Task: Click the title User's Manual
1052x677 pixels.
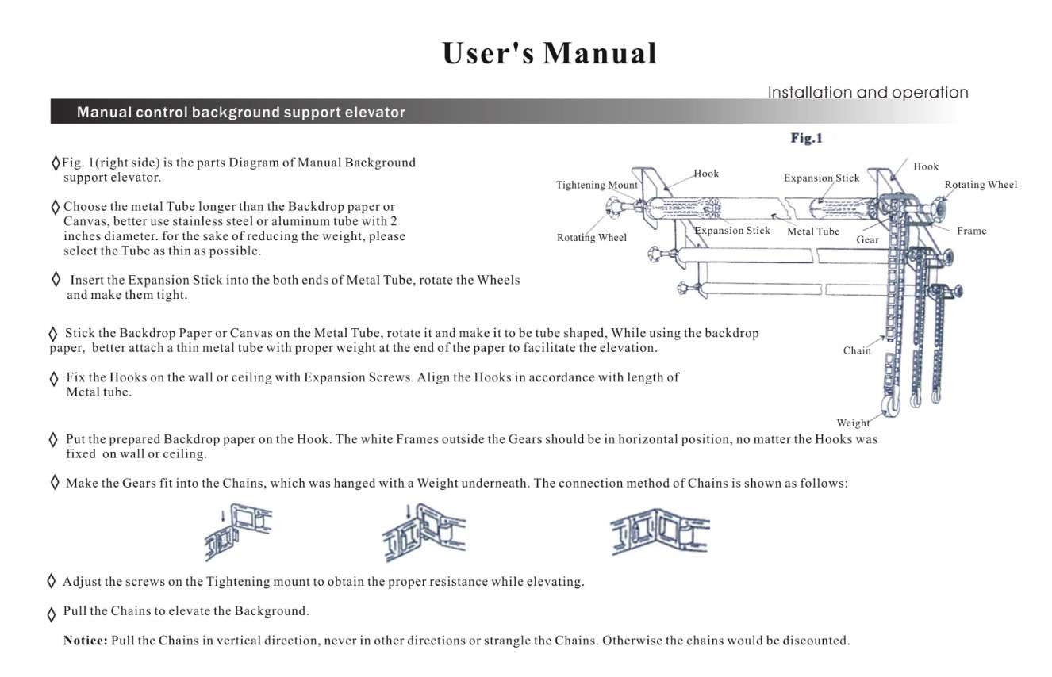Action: pos(549,53)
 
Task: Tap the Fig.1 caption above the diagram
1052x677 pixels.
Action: pos(806,138)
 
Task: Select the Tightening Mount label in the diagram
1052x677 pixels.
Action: pos(597,185)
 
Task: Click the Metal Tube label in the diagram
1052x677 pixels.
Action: pos(813,231)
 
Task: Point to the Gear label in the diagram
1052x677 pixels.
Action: pos(867,239)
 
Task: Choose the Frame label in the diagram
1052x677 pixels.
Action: pos(971,231)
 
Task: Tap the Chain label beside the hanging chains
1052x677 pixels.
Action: pos(857,351)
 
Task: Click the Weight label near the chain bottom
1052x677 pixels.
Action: pos(853,423)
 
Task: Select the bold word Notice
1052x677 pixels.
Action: pos(86,641)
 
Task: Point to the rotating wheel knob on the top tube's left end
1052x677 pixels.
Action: pos(612,208)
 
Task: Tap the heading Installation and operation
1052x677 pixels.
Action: pos(868,93)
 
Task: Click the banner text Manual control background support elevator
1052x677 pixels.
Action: pos(241,112)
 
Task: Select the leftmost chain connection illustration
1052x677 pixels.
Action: pos(238,532)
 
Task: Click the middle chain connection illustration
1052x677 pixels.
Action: pos(424,533)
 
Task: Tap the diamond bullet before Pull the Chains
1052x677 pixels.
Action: pos(52,614)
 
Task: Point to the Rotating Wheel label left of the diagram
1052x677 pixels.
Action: pos(592,237)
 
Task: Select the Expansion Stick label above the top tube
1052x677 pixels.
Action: pos(821,178)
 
